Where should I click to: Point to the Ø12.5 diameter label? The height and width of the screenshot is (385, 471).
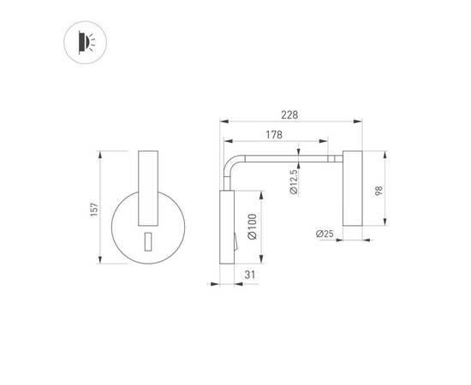tap(293, 182)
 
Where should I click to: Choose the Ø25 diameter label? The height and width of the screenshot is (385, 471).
tap(325, 233)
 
